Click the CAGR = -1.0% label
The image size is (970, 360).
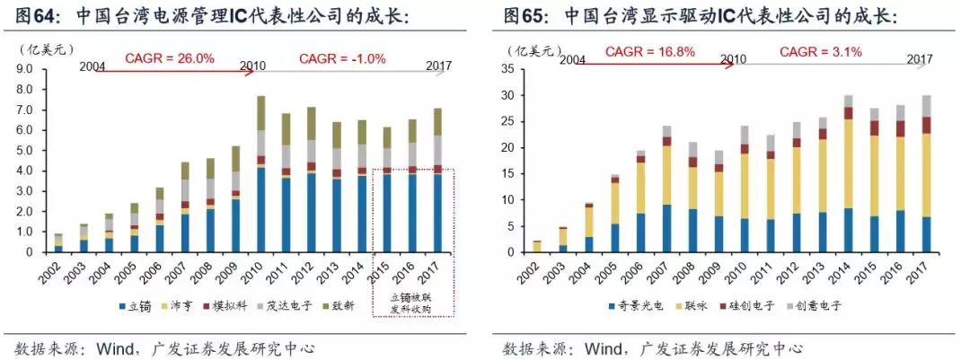pyautogui.click(x=341, y=58)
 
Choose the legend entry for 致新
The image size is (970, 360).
pyautogui.click(x=337, y=305)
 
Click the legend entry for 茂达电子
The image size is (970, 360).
pyautogui.click(x=284, y=305)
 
